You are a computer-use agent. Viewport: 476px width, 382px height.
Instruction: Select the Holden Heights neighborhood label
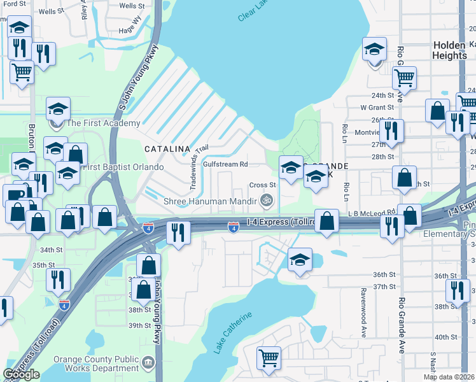pos(449,50)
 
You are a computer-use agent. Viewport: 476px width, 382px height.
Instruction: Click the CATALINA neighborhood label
pos(167,148)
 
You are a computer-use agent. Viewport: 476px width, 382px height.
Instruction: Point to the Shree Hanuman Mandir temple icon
pos(268,201)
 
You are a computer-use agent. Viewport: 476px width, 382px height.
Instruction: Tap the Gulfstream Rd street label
pos(225,164)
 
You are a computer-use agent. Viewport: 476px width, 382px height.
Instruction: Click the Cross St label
pos(262,185)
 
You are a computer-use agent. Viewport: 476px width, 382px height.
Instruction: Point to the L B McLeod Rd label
pos(372,213)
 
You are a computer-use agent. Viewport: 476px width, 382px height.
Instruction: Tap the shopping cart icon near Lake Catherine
pos(269,357)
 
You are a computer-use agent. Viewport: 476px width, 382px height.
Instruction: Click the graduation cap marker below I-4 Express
pos(300,259)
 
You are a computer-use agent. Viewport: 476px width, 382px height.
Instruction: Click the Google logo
pos(21,374)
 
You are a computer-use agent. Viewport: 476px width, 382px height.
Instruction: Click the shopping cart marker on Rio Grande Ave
pos(404,78)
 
